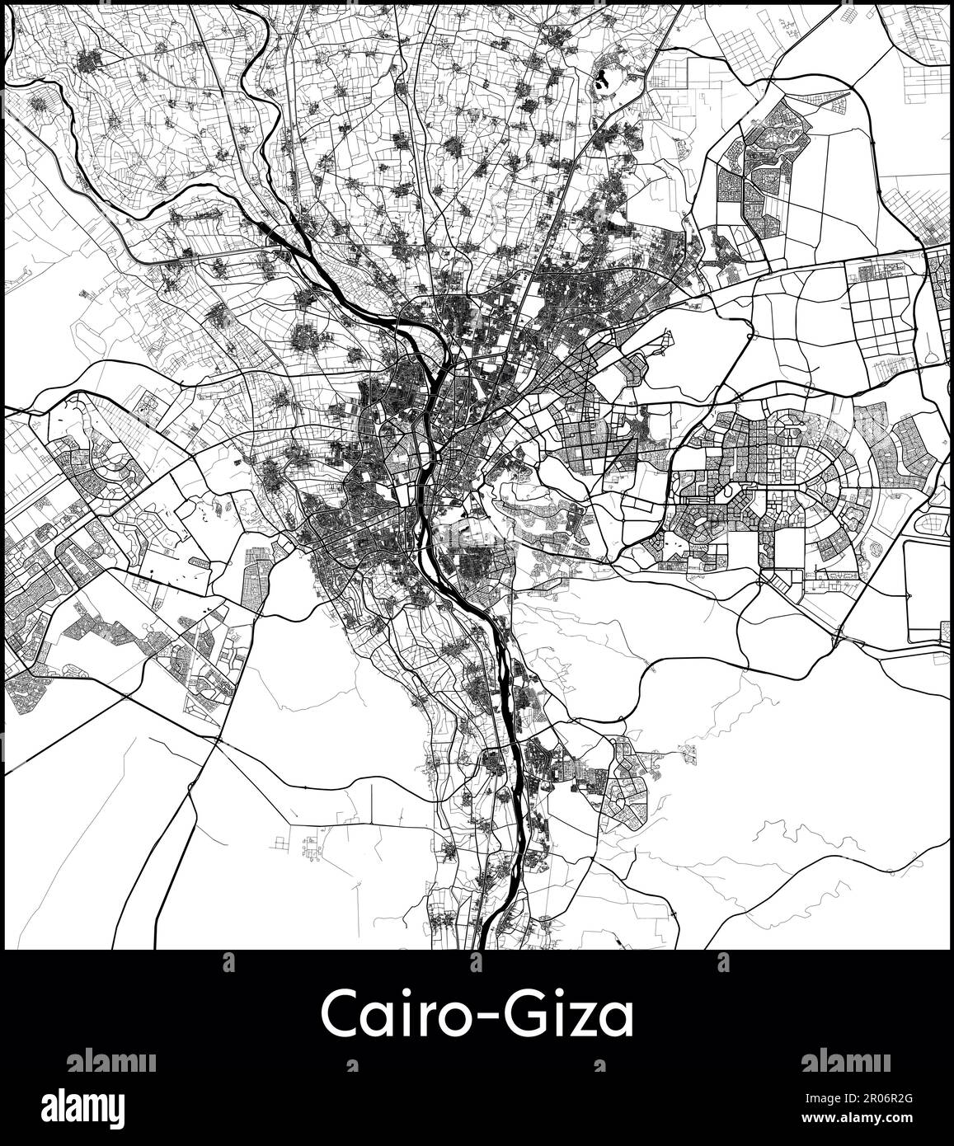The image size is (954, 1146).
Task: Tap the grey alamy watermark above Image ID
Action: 844,1062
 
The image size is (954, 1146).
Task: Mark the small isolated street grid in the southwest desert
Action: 312,847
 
